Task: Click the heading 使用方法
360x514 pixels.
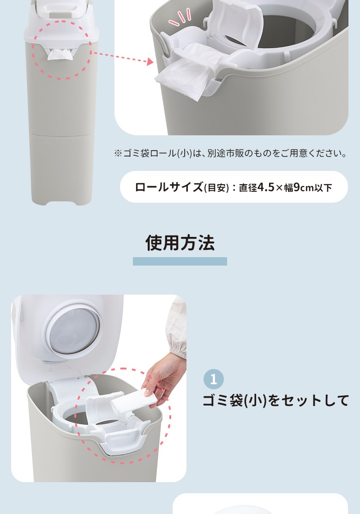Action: pyautogui.click(x=180, y=243)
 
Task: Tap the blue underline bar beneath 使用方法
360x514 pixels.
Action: pyautogui.click(x=180, y=261)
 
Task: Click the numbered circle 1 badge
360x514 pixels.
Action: pyautogui.click(x=214, y=379)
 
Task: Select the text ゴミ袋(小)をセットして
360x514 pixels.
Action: pyautogui.click(x=276, y=400)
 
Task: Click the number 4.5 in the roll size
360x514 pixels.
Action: pyautogui.click(x=266, y=187)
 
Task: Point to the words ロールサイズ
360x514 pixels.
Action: pyautogui.click(x=169, y=187)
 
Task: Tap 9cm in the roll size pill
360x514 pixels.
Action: pyautogui.click(x=304, y=187)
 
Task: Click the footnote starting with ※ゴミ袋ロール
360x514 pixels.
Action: pyautogui.click(x=231, y=153)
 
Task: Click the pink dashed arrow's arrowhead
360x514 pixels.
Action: pyautogui.click(x=150, y=61)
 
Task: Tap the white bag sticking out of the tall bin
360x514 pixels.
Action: pyautogui.click(x=60, y=55)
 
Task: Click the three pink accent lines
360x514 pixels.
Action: pyautogui.click(x=180, y=18)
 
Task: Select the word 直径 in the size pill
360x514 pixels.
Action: pyautogui.click(x=248, y=188)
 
